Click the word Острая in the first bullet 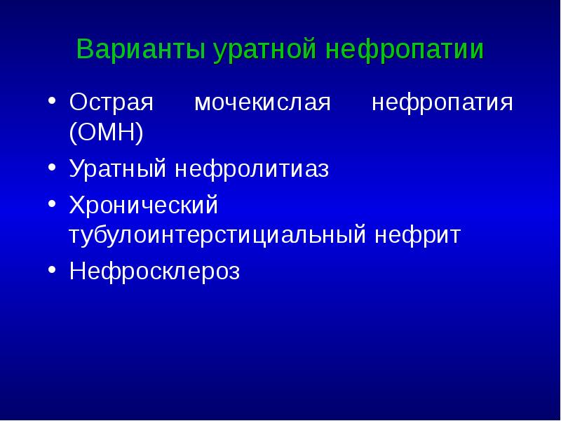click(x=110, y=103)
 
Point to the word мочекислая click(x=262, y=103)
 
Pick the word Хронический click(x=144, y=206)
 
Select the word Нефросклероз click(x=154, y=272)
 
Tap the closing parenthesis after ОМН click(x=140, y=132)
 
